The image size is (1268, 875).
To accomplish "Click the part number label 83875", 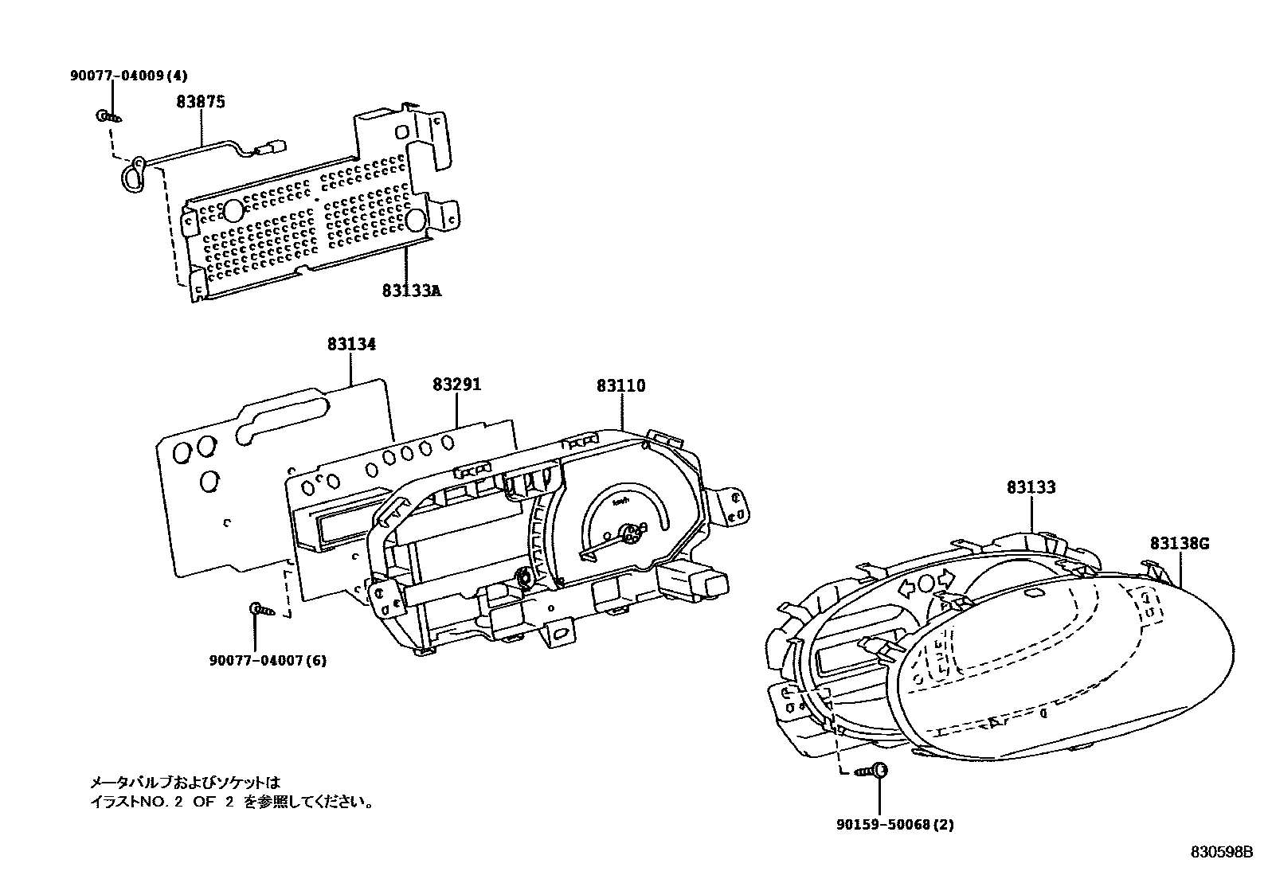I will click(x=201, y=102).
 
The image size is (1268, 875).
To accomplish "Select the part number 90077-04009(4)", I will click(x=128, y=76).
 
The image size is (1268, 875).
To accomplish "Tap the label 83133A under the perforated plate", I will click(x=411, y=291).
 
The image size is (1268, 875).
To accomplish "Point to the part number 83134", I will click(x=351, y=345).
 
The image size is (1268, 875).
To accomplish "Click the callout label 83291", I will click(x=457, y=385).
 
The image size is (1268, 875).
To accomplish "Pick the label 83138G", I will click(x=1180, y=544).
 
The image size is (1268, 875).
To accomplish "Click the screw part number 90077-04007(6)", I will click(x=268, y=661).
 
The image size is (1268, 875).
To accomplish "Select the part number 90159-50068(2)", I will click(x=894, y=825).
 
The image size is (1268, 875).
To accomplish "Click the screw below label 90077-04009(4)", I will click(x=109, y=116).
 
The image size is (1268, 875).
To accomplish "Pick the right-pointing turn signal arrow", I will click(x=946, y=579).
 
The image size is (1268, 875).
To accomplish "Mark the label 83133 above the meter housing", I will click(x=1031, y=487).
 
